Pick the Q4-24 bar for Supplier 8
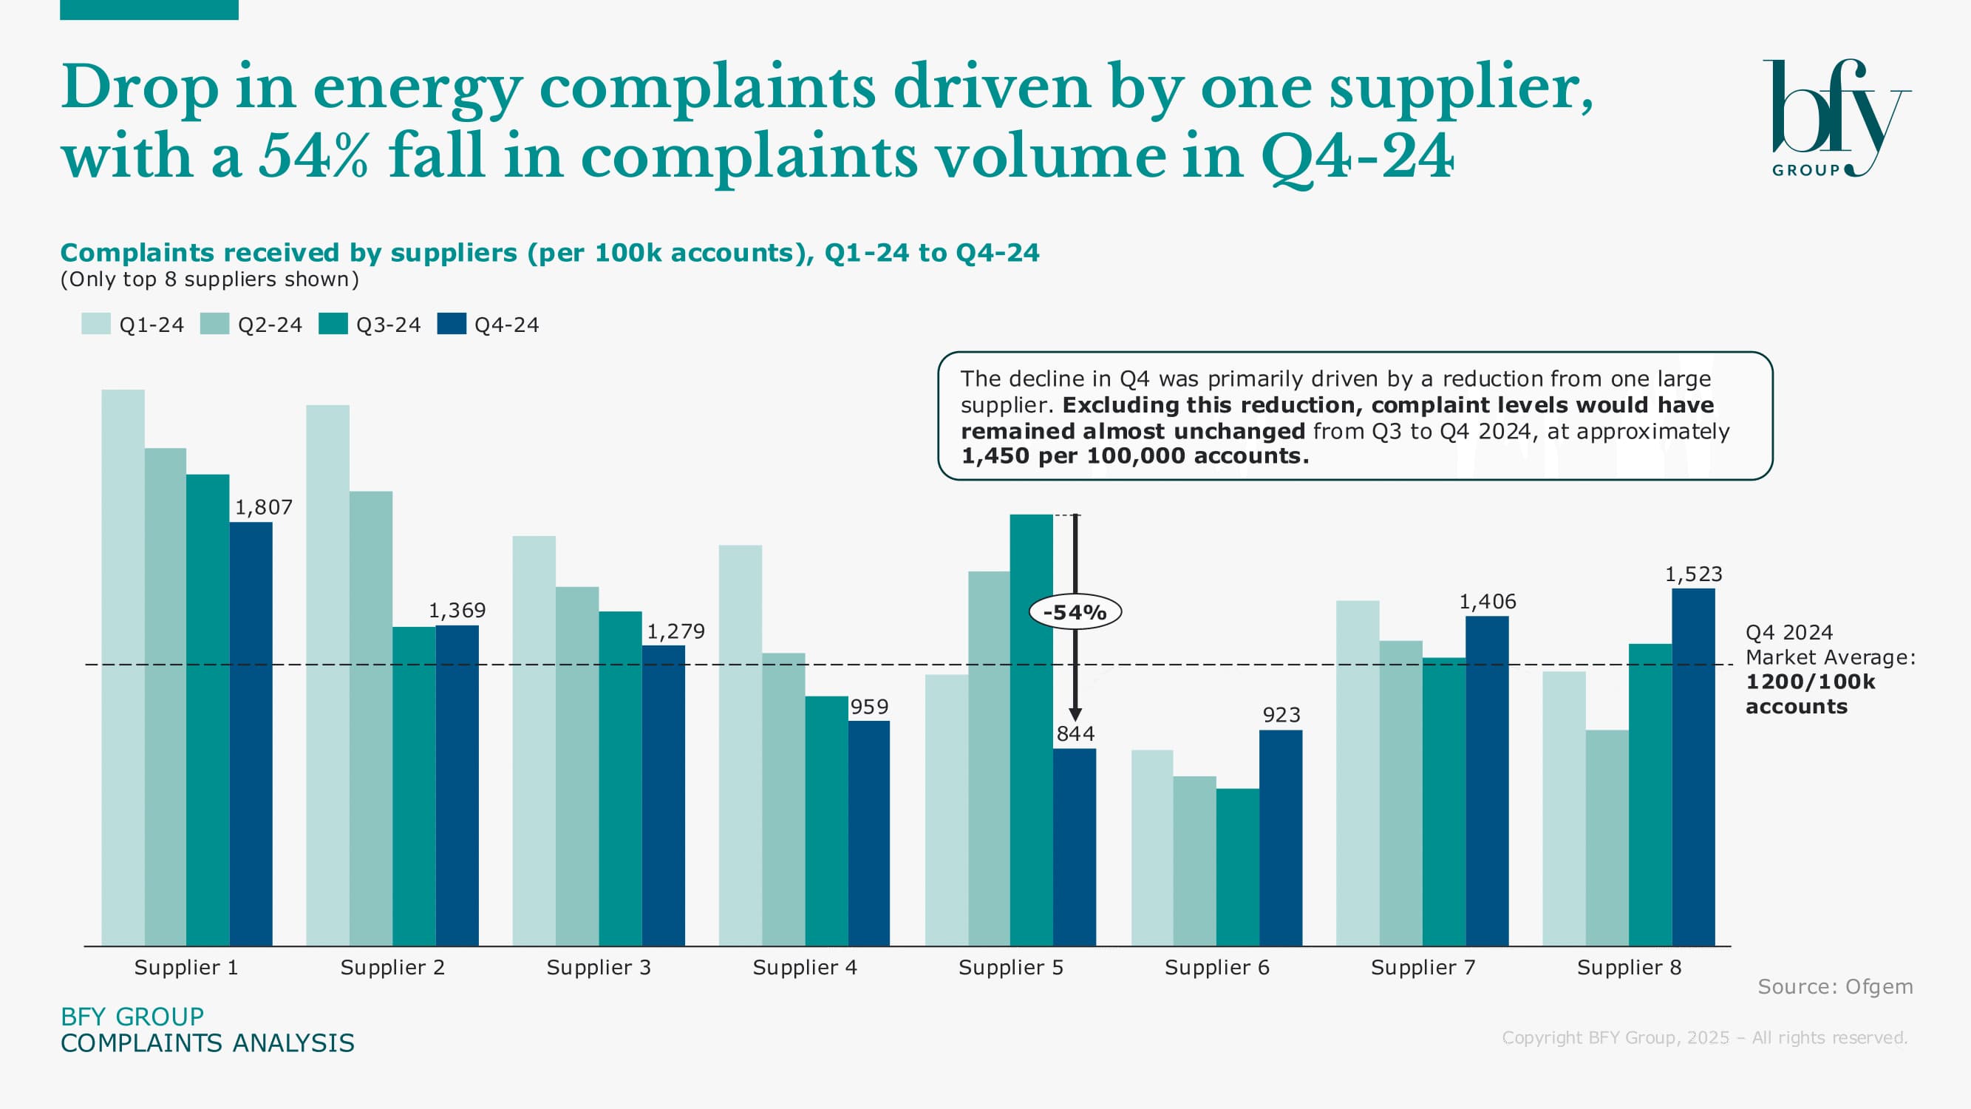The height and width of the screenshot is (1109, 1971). [x=1692, y=766]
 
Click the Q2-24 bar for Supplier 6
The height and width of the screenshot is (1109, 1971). [x=1194, y=861]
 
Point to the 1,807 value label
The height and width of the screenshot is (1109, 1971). [x=263, y=507]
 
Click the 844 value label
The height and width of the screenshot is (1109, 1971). [x=1075, y=734]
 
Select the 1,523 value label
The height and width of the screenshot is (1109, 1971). [x=1693, y=574]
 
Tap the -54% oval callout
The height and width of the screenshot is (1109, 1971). [x=1075, y=612]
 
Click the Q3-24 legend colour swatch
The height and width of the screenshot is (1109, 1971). [x=333, y=324]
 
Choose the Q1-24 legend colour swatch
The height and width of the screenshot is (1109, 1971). [x=95, y=324]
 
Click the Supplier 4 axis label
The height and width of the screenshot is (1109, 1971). [x=804, y=967]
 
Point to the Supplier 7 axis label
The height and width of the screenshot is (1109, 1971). [x=1423, y=967]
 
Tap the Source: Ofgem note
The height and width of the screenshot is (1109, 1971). [x=1835, y=986]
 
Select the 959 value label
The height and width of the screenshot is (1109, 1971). [x=869, y=706]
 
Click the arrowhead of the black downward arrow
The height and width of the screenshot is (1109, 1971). [x=1075, y=714]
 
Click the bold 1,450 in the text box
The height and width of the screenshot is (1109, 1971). [x=995, y=456]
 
